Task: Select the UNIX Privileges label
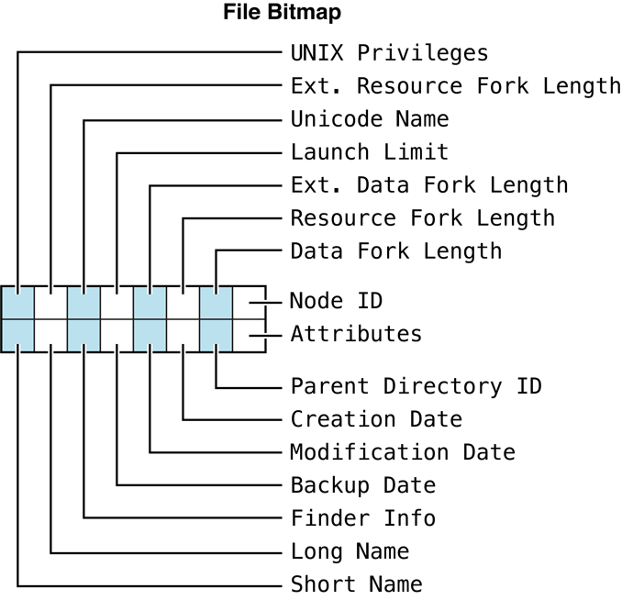pyautogui.click(x=389, y=52)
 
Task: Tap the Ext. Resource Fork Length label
pyautogui.click(x=455, y=86)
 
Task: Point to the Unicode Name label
pyautogui.click(x=370, y=119)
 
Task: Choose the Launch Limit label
pyautogui.click(x=370, y=152)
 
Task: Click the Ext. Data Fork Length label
pyautogui.click(x=429, y=185)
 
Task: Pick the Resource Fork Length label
pyautogui.click(x=422, y=218)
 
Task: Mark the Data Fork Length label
pyautogui.click(x=396, y=251)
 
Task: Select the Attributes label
pyautogui.click(x=356, y=334)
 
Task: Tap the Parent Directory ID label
pyautogui.click(x=416, y=385)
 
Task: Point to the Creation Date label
pyautogui.click(x=376, y=419)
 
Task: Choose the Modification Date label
pyautogui.click(x=403, y=452)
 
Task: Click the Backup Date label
pyautogui.click(x=363, y=485)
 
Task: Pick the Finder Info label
pyautogui.click(x=363, y=518)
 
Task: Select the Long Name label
pyautogui.click(x=350, y=551)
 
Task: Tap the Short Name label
pyautogui.click(x=356, y=584)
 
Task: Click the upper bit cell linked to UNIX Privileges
pyautogui.click(x=17, y=302)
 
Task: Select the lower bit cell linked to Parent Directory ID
pyautogui.click(x=216, y=334)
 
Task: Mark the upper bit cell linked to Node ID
pyautogui.click(x=249, y=302)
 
